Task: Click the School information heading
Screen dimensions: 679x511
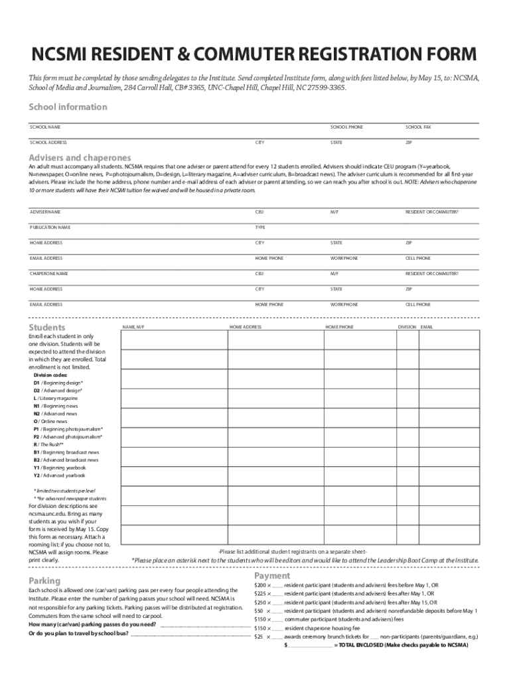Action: (67, 107)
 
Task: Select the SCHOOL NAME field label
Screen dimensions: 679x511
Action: (45, 127)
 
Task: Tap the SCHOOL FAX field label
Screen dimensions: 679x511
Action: (418, 127)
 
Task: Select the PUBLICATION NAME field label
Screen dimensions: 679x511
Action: (50, 227)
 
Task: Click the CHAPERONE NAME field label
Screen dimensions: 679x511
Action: (48, 273)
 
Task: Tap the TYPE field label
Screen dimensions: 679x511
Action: (260, 227)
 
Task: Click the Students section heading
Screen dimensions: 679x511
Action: (46, 328)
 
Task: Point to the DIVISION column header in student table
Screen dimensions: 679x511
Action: (407, 328)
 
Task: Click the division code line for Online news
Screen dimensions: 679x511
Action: (50, 421)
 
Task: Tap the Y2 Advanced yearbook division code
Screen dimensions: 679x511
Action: (59, 475)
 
